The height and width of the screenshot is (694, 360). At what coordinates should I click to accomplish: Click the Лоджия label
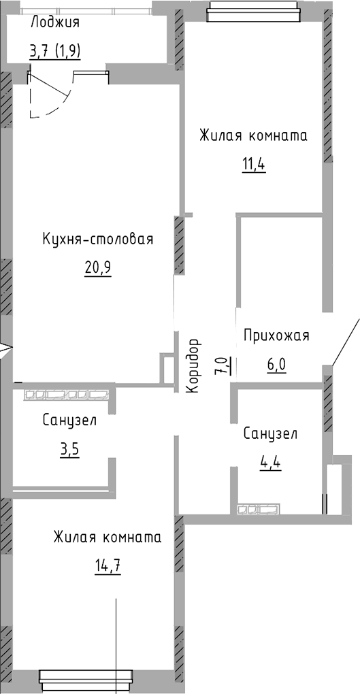[x=55, y=23]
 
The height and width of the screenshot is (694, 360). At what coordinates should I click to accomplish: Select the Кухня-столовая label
[x=97, y=239]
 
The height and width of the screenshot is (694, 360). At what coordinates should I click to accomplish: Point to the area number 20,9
[x=97, y=267]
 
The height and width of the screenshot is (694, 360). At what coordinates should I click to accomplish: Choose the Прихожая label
[x=276, y=335]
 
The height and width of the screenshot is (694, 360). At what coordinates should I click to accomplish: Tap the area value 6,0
[x=276, y=364]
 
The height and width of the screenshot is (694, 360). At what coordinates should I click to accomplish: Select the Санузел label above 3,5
[x=69, y=420]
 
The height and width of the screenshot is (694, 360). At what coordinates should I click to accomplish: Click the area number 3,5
[x=69, y=450]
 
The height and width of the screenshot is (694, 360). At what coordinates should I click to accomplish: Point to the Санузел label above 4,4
[x=270, y=434]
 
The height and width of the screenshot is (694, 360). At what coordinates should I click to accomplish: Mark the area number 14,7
[x=108, y=565]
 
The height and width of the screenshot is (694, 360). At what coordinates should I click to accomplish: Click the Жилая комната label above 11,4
[x=253, y=135]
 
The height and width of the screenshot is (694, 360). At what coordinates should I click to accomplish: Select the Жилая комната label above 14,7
[x=108, y=538]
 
